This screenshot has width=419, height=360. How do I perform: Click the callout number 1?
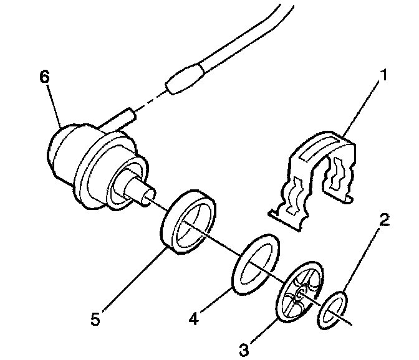(x=384, y=77)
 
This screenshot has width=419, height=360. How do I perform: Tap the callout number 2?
(x=385, y=219)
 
